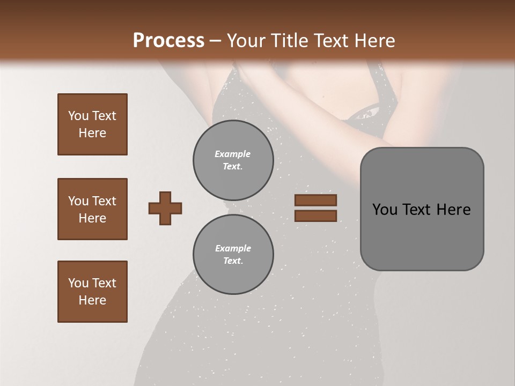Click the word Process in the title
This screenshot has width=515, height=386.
tap(168, 40)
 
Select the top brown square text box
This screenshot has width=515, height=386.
tap(92, 124)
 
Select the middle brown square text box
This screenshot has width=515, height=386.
tap(92, 209)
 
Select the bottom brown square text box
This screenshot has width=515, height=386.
tap(92, 292)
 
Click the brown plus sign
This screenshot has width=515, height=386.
tap(165, 208)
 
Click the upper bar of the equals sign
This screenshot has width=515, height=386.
tap(315, 200)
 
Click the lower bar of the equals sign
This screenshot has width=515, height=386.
tap(315, 216)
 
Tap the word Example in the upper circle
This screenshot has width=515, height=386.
tap(233, 154)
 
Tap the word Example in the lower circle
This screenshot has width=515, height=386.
tap(233, 248)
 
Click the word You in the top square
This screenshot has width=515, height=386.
tap(78, 116)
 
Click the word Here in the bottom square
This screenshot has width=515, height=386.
tap(92, 300)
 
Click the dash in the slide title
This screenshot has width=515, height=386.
tap(216, 41)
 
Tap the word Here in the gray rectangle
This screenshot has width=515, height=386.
tap(453, 210)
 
